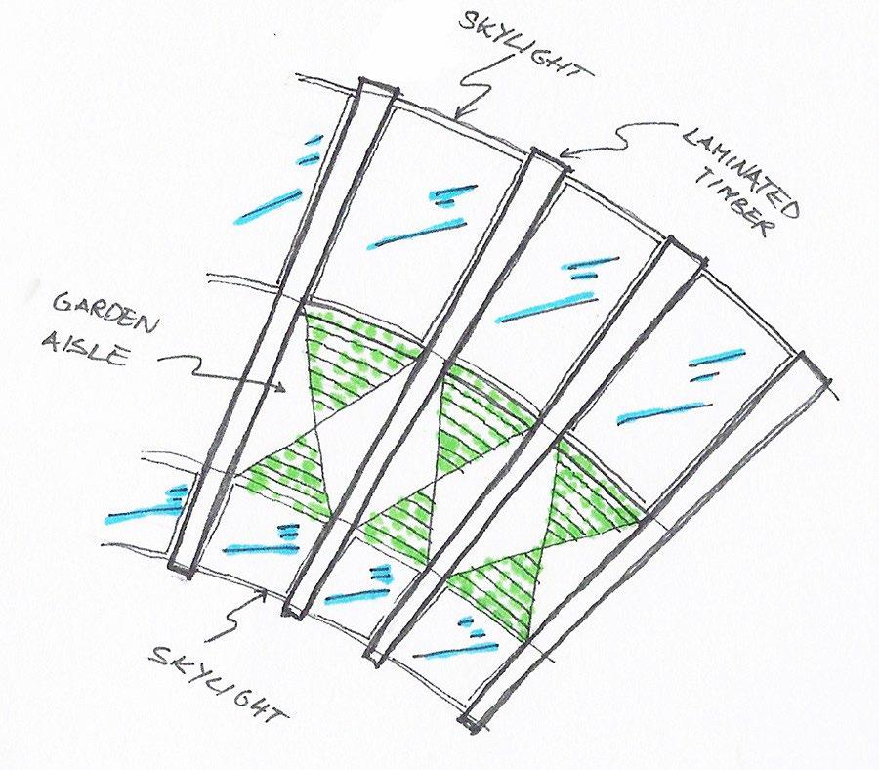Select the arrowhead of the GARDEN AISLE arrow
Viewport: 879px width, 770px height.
click(x=285, y=390)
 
